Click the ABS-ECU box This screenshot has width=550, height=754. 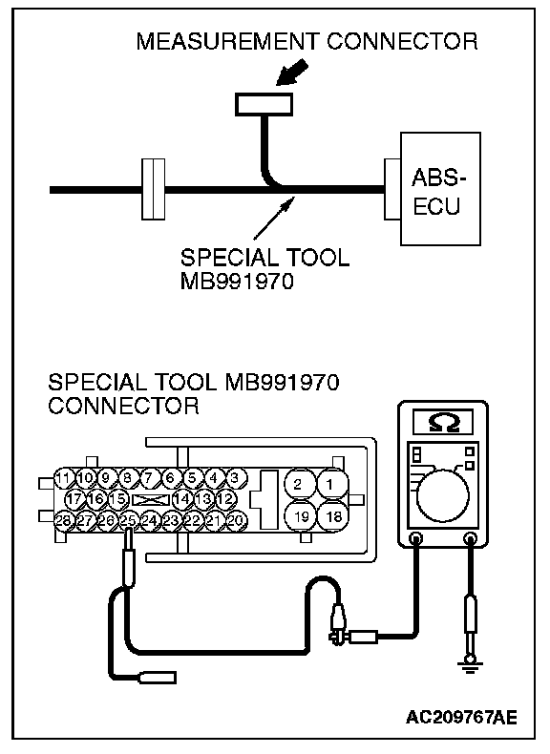coord(440,189)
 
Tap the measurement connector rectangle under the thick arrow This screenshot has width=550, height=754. coord(264,104)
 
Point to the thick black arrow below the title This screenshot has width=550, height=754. coord(291,73)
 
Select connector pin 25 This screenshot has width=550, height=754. coord(128,520)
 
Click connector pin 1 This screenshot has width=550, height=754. coord(330,484)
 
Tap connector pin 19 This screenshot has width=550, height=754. coord(301,516)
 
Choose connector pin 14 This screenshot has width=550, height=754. coord(181,498)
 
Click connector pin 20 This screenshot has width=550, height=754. coord(236,520)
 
